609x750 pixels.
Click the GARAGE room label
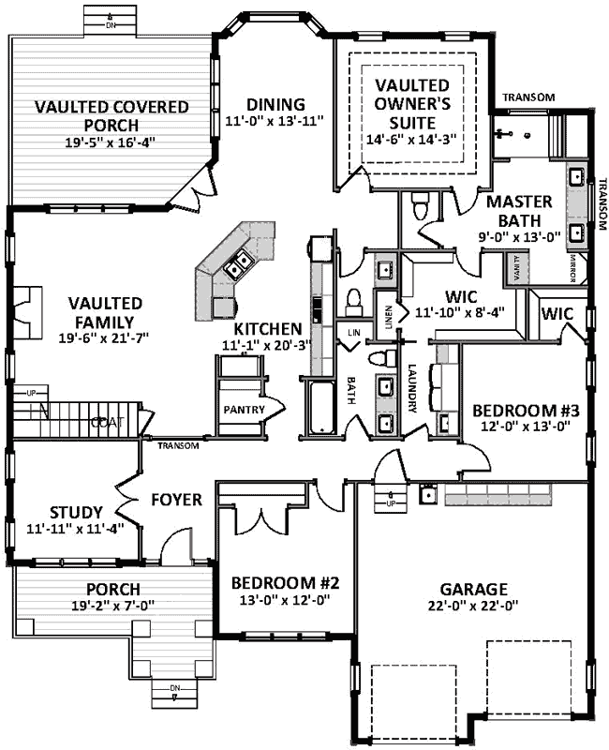[x=474, y=590]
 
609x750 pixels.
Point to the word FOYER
[x=177, y=500]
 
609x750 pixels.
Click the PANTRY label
[x=241, y=410]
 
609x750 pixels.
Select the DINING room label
[x=275, y=104]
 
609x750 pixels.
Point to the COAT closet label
[x=102, y=423]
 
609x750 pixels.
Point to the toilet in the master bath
[x=422, y=202]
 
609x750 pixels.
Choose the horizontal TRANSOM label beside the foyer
[x=178, y=446]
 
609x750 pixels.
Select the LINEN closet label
[x=383, y=306]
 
